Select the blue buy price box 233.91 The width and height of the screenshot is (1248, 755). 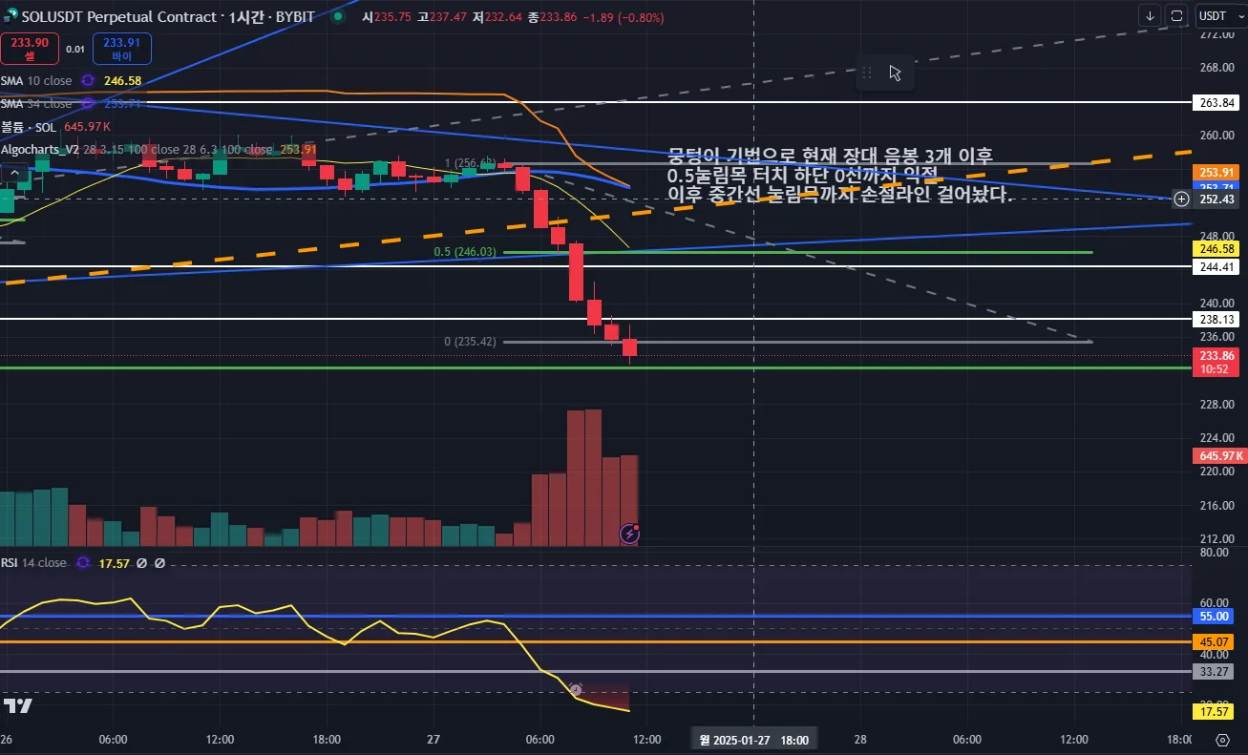(121, 48)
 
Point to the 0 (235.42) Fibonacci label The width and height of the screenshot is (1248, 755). (471, 341)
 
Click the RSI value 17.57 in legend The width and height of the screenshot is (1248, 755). (115, 563)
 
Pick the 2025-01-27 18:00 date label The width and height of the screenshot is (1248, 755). (754, 740)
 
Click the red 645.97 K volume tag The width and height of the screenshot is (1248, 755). (1217, 456)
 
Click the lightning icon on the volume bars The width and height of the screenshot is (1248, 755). (629, 534)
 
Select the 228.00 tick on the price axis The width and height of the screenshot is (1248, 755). (1215, 404)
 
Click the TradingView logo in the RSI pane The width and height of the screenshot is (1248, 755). (18, 706)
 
